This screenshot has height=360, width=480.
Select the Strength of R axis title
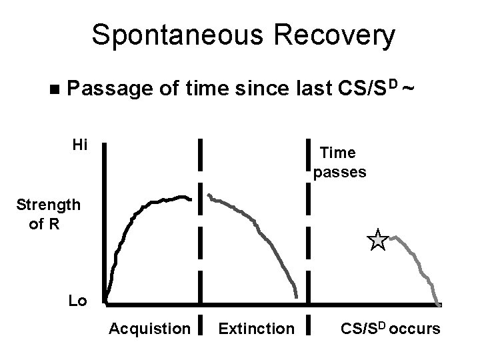point(49,213)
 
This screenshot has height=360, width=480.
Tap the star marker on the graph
point(377,239)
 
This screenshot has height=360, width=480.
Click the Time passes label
point(339,163)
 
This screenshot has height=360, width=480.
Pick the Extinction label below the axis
point(255,328)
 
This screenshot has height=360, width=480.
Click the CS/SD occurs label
point(390,328)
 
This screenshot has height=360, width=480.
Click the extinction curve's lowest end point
point(297,297)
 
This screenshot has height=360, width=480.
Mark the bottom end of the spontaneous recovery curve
point(438,304)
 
